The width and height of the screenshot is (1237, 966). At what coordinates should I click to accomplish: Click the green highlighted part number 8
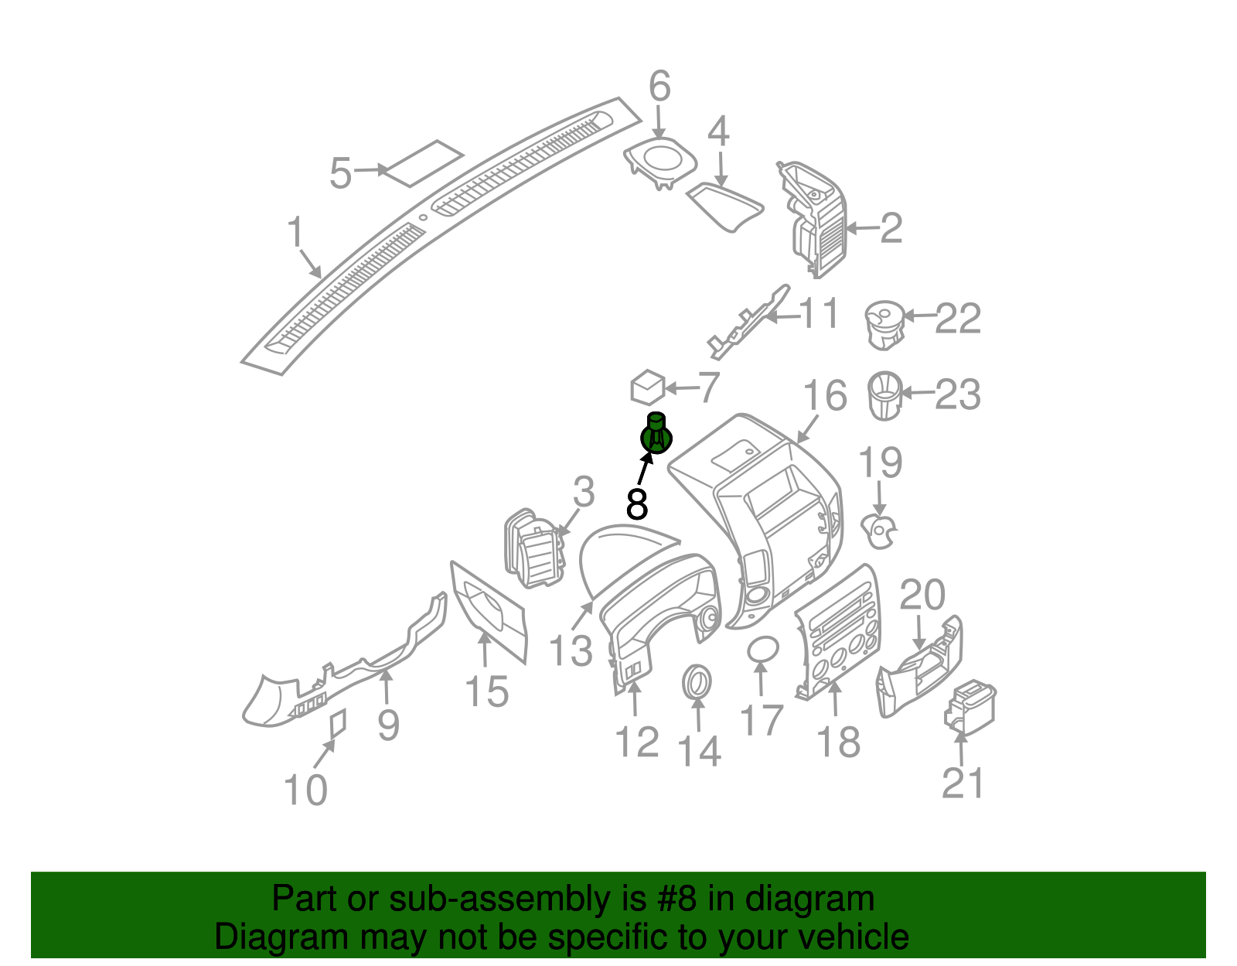pos(656,435)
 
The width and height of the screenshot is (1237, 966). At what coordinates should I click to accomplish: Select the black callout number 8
pos(636,504)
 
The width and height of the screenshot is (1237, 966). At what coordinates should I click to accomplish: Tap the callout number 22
pos(958,319)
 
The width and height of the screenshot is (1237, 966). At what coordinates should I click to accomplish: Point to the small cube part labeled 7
pos(647,387)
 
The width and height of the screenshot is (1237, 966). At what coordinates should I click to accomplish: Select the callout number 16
pos(825,396)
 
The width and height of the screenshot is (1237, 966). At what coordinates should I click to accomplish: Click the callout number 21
pos(963,783)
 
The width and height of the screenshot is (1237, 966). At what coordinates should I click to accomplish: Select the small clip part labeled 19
pos(880,531)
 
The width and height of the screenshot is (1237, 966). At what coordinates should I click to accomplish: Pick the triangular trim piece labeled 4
pos(724,206)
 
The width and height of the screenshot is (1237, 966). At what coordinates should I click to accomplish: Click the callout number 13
pos(571,650)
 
